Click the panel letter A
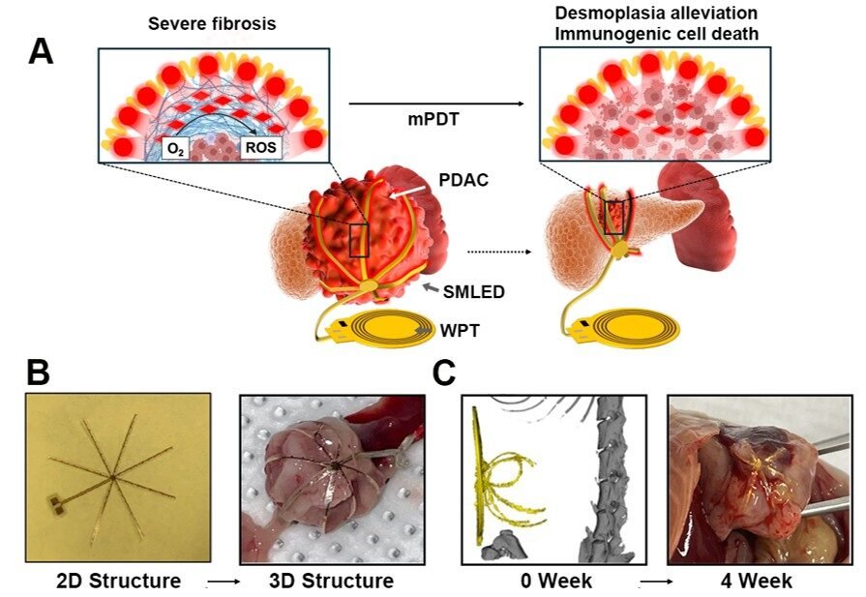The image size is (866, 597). pyautogui.click(x=41, y=50)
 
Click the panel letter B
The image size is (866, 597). pyautogui.click(x=38, y=372)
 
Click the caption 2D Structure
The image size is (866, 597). pyautogui.click(x=118, y=581)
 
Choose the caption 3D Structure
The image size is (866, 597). pyautogui.click(x=331, y=581)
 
